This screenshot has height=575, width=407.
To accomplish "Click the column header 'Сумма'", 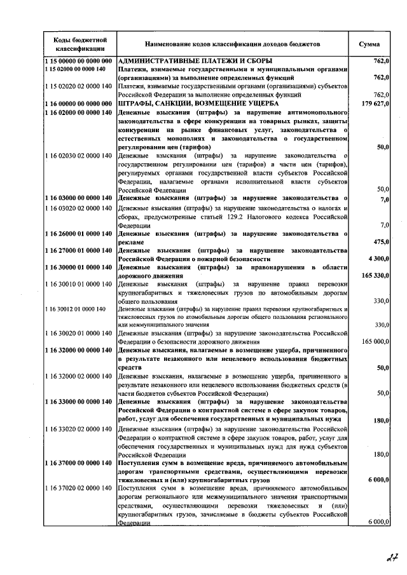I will tap(369, 44).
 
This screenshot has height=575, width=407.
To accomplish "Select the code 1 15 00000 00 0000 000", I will tap(79, 61).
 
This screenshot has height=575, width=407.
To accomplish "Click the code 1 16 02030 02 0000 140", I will tap(79, 155).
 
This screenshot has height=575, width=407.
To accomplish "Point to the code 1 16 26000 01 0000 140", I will tap(79, 233).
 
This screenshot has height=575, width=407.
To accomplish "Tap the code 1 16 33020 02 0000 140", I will tap(79, 430).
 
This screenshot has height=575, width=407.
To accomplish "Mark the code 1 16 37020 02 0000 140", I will tap(79, 488).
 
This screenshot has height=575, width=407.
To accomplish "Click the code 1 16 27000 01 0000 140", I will tap(79, 251).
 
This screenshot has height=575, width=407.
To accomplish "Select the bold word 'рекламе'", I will tap(134, 241).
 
